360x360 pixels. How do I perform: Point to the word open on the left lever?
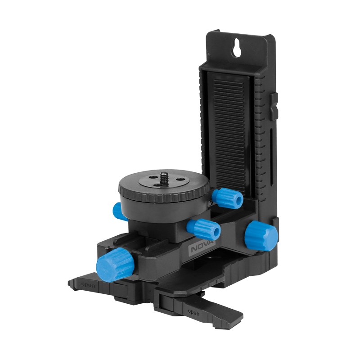coord(88,285)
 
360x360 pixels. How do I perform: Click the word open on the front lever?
coord(193,312)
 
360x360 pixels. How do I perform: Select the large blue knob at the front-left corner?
coord(115,265)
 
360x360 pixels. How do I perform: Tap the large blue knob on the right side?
coord(261,235)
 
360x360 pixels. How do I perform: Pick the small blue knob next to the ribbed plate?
coord(227,198)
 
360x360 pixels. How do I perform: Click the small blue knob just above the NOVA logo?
coord(203,229)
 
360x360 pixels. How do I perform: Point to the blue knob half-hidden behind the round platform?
coord(118,211)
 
